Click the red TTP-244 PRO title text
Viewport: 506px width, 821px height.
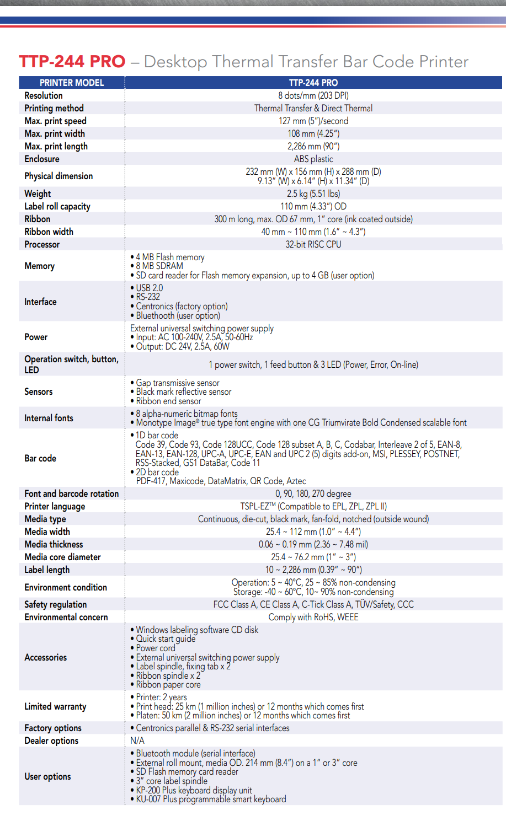click(x=72, y=61)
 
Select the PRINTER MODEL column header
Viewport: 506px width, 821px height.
click(x=72, y=83)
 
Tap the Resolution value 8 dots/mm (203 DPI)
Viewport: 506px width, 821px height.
click(x=313, y=95)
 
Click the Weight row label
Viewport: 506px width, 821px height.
click(x=38, y=194)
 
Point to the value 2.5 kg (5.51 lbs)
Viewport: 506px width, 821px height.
click(x=313, y=194)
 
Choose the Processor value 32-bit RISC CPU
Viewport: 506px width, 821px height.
click(x=313, y=244)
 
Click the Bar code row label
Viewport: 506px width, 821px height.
click(x=40, y=458)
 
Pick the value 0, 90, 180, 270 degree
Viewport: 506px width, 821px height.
click(x=313, y=493)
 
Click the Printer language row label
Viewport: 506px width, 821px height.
click(x=55, y=506)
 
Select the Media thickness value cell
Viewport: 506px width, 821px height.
click(x=313, y=544)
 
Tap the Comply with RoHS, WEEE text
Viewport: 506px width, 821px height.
click(x=313, y=617)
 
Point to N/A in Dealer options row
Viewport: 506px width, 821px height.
click(x=137, y=740)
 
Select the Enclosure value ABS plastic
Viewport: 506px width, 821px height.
click(x=313, y=159)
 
